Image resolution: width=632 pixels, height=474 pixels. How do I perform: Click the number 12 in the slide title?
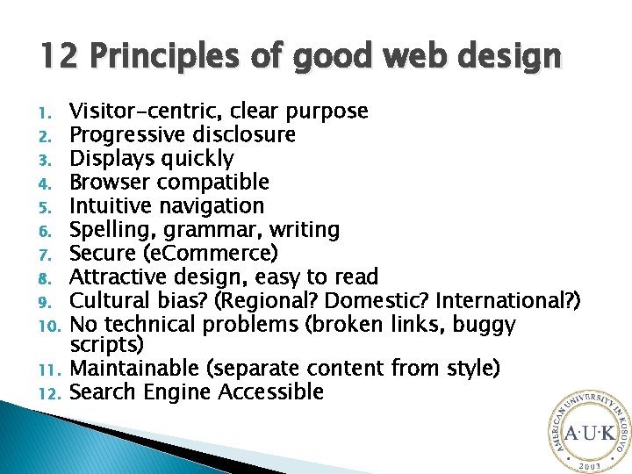point(56,57)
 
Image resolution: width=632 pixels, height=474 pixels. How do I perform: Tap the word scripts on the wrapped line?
point(103,343)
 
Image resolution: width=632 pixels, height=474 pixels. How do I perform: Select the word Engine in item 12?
point(180,391)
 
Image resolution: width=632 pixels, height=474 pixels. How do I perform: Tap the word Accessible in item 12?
point(271,391)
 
